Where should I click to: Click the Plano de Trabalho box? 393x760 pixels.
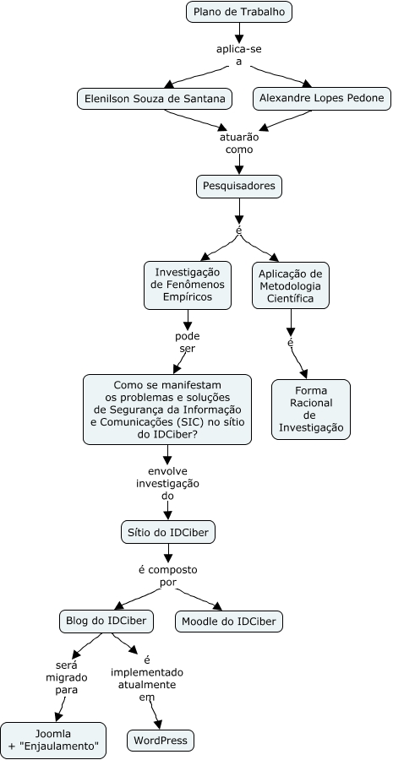pyautogui.click(x=239, y=12)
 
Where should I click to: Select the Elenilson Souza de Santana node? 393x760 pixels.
pyautogui.click(x=155, y=99)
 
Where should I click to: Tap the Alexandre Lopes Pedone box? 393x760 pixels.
pyautogui.click(x=322, y=99)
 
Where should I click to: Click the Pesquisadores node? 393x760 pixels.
pyautogui.click(x=238, y=186)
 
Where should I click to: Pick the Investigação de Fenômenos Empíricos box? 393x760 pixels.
pyautogui.click(x=188, y=285)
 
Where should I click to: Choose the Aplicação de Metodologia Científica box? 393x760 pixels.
pyautogui.click(x=291, y=285)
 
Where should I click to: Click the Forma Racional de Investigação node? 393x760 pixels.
pyautogui.click(x=310, y=410)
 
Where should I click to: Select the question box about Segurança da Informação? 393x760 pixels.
pyautogui.click(x=167, y=410)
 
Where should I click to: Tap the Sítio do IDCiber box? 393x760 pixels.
pyautogui.click(x=168, y=532)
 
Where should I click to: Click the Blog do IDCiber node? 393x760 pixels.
pyautogui.click(x=106, y=621)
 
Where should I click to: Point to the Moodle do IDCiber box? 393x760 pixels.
pyautogui.click(x=229, y=622)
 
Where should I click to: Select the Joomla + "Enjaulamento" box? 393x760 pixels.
pyautogui.click(x=53, y=740)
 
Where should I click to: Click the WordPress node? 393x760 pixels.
pyautogui.click(x=161, y=741)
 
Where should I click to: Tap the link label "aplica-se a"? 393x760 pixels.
pyautogui.click(x=239, y=55)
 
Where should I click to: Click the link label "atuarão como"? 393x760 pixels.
pyautogui.click(x=239, y=143)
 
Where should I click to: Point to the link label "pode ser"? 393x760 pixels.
pyautogui.click(x=187, y=342)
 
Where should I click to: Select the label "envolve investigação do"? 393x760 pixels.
pyautogui.click(x=167, y=484)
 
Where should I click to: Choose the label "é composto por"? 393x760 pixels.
pyautogui.click(x=168, y=575)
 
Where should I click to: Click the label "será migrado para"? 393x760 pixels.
pyautogui.click(x=67, y=677)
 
